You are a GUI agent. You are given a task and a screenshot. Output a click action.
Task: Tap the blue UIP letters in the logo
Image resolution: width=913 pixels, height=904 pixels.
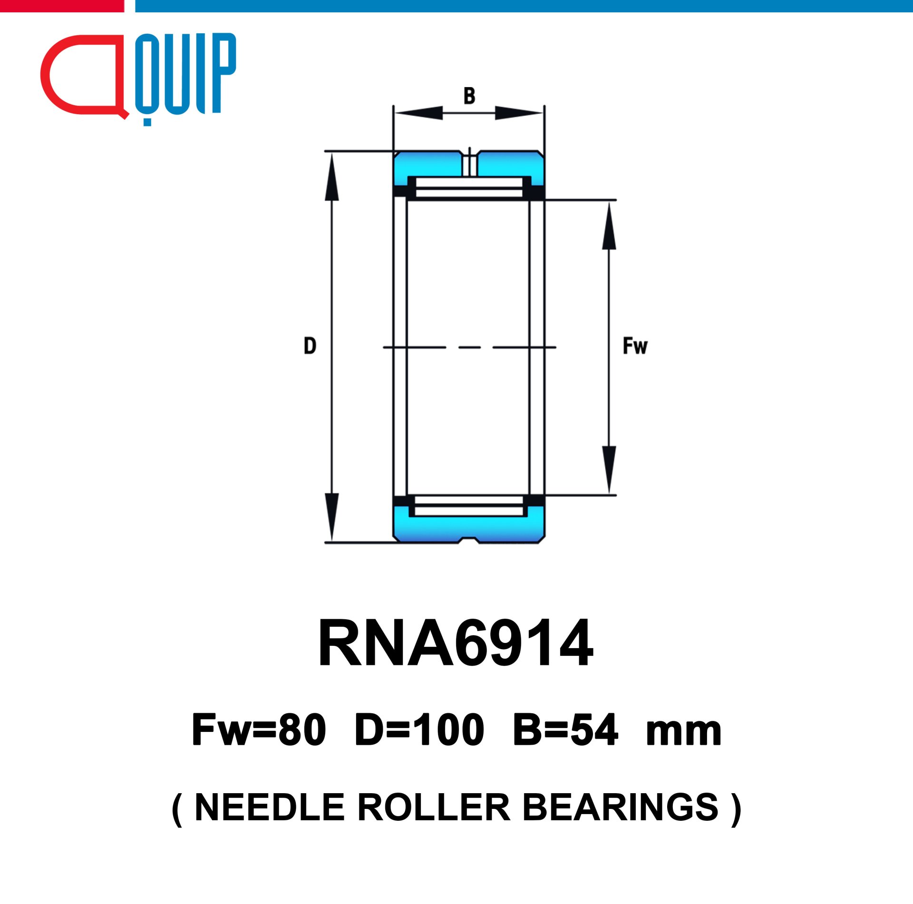[186, 74]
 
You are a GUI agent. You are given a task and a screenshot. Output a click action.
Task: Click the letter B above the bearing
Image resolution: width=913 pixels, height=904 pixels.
[469, 96]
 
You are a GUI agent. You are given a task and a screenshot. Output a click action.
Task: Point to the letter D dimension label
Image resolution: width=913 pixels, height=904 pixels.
[310, 346]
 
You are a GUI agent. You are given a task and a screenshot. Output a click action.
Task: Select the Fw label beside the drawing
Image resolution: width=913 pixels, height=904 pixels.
[635, 346]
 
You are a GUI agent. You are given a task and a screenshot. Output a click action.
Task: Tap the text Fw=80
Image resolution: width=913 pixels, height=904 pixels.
[259, 730]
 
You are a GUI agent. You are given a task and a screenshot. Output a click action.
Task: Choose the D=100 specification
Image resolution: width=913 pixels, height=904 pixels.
[419, 730]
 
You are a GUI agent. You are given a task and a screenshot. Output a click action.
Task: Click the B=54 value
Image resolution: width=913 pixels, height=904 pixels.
[565, 730]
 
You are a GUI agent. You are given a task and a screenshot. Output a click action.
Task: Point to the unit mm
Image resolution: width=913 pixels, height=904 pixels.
[684, 734]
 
